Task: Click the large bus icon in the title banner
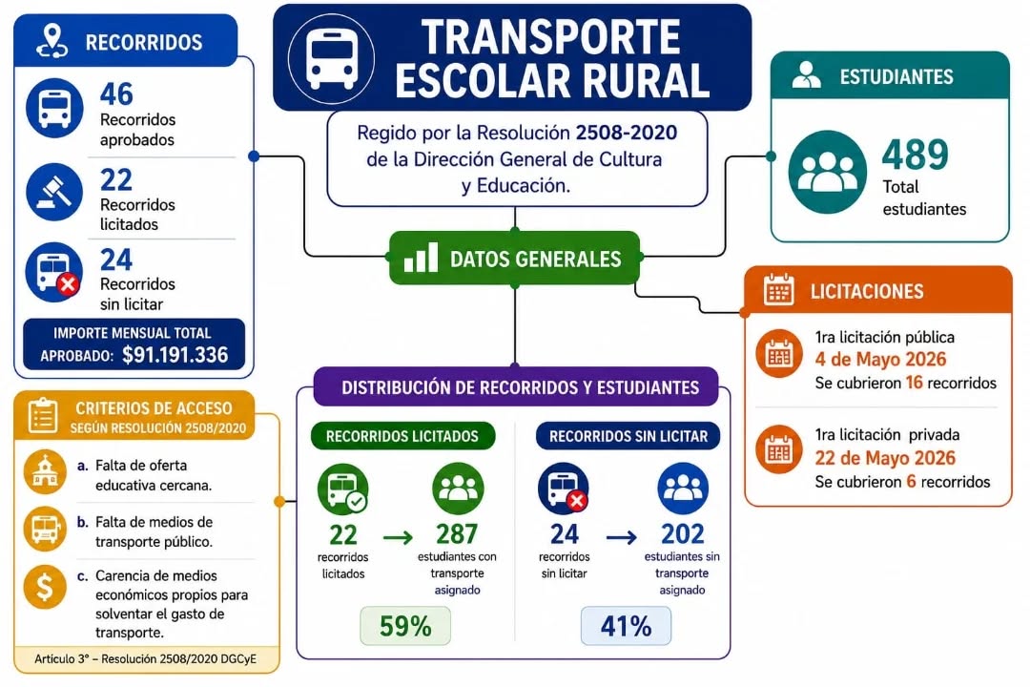(332, 57)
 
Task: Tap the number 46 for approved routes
(116, 94)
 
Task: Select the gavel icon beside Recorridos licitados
(54, 192)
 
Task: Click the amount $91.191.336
(175, 355)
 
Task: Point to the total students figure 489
(915, 156)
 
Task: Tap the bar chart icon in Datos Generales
(421, 257)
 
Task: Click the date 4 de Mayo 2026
(880, 360)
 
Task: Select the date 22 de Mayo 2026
(885, 458)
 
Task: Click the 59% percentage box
(405, 625)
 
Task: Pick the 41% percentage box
(626, 625)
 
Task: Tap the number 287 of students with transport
(457, 533)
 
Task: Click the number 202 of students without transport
(683, 533)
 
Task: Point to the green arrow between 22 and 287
(398, 538)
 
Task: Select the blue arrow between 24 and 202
(622, 538)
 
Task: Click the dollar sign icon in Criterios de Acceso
(45, 587)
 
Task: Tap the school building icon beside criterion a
(45, 472)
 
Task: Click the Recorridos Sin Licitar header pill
(628, 436)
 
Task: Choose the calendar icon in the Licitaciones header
(779, 290)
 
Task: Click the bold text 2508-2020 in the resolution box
(626, 133)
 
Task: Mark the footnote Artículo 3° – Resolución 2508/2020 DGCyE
(145, 659)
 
